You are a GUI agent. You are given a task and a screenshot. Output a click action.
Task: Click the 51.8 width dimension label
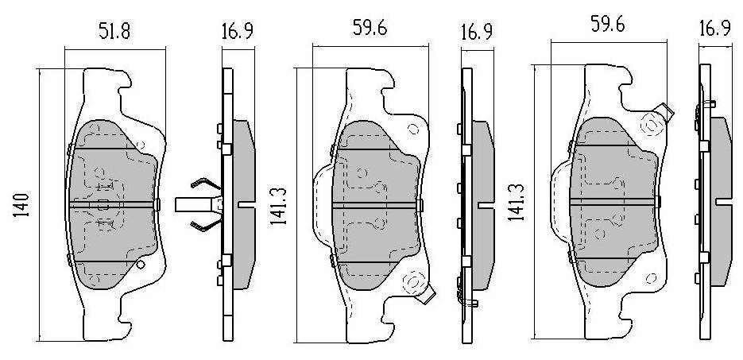pos(114,31)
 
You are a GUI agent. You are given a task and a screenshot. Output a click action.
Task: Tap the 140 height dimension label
pos(22,205)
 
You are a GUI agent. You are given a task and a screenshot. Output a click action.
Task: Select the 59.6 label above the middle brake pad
pos(370,28)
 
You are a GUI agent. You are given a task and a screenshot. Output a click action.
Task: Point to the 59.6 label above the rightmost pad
pos(607,24)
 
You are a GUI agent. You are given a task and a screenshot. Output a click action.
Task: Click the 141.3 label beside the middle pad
pos(278,206)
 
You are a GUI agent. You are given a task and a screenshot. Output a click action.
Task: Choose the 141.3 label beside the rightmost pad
pos(516,203)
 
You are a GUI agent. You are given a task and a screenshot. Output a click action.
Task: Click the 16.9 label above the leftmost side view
pos(238,31)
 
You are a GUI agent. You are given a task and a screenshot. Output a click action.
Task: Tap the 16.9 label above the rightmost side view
pos(714,28)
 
